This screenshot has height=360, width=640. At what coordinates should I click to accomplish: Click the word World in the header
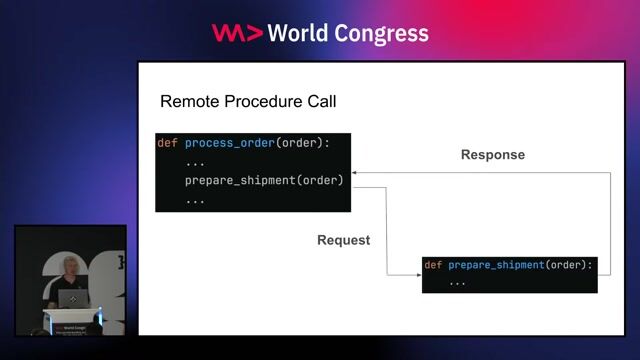[x=300, y=33]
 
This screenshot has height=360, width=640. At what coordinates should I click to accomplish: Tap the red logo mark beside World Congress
[x=236, y=33]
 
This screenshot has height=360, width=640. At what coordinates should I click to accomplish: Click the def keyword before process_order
[x=167, y=143]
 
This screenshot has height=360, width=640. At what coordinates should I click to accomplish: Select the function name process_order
[x=229, y=143]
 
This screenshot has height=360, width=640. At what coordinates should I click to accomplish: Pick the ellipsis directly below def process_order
[x=195, y=162]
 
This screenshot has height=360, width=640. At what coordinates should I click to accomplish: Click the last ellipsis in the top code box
[x=195, y=199]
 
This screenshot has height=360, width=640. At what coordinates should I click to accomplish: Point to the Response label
[x=492, y=155]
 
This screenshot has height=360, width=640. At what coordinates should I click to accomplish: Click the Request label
[x=344, y=240]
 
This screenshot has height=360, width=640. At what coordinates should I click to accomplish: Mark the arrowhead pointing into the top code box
[x=355, y=173]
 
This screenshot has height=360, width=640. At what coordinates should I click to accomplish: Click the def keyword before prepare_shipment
[x=433, y=265]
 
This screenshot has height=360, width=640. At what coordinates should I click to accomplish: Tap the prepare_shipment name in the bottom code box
[x=496, y=265]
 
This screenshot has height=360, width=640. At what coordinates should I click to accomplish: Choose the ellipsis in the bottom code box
[x=457, y=282]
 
